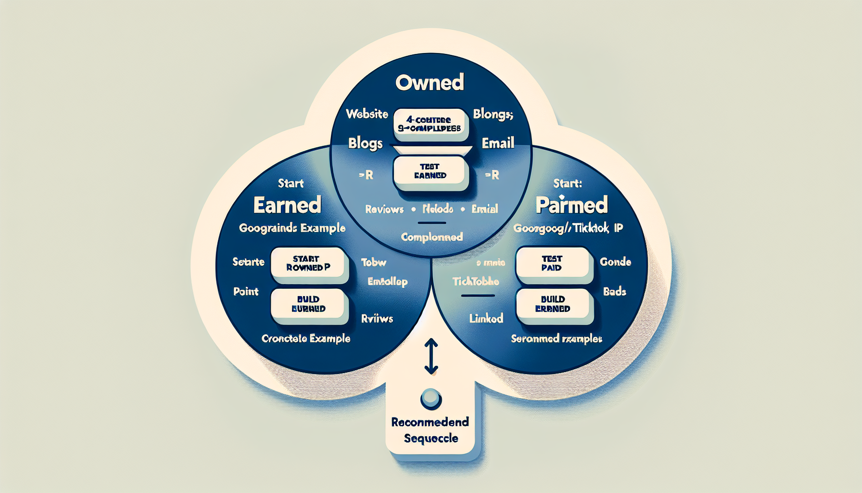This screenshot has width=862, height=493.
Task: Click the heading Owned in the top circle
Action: click(x=430, y=83)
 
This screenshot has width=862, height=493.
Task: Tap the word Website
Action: click(x=367, y=114)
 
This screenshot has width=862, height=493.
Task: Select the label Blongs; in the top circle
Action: click(x=493, y=114)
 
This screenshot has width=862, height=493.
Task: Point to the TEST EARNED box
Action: click(x=431, y=171)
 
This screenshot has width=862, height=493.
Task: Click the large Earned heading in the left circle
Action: click(x=287, y=205)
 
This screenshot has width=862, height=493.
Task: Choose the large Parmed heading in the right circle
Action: click(x=571, y=205)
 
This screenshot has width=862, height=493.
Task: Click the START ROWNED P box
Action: click(x=308, y=263)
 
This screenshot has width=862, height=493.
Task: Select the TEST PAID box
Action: click(x=552, y=263)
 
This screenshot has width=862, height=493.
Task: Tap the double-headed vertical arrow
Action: click(x=431, y=356)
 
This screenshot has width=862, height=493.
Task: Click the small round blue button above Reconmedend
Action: click(x=431, y=399)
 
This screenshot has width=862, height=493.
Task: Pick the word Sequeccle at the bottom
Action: click(x=431, y=438)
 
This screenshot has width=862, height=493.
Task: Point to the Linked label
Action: click(x=486, y=318)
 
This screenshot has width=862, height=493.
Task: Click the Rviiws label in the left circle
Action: click(x=377, y=318)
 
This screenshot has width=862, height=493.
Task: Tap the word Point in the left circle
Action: click(x=246, y=291)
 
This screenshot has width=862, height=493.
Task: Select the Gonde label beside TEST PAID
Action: click(x=615, y=262)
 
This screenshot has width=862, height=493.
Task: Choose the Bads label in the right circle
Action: click(x=615, y=291)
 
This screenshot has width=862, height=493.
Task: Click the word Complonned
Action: click(x=431, y=237)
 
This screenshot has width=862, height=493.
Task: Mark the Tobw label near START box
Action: click(x=374, y=262)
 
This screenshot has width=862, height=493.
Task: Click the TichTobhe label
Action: click(x=476, y=281)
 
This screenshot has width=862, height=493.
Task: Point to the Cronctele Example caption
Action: click(x=306, y=338)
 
